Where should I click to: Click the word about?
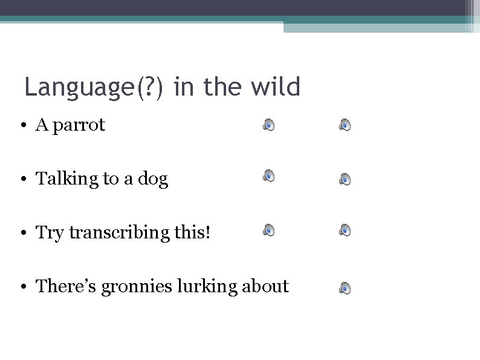coord(265,286)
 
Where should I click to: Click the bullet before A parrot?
coord(22,126)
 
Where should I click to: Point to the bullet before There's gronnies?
coord(22,287)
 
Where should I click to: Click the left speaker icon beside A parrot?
coord(269,125)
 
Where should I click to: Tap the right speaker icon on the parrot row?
coord(345,125)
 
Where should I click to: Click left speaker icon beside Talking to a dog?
coord(269,175)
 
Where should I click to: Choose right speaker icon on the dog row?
coord(345,179)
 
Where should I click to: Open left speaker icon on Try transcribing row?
coord(269,229)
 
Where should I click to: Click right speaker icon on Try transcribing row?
coord(345,229)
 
